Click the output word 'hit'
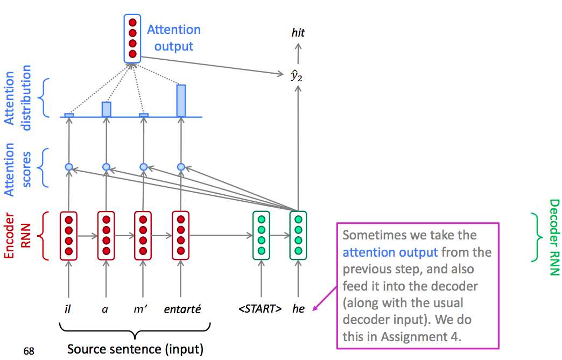pos(298,33)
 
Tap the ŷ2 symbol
pos(297,76)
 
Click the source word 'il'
pos(68,309)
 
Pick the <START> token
pos(260,309)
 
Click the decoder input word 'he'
pos(298,309)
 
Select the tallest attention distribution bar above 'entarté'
pos(181,101)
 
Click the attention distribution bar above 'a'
pos(107,109)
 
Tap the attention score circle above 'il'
pos(68,167)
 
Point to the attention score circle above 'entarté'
pos(181,167)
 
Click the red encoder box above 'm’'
pos(143,235)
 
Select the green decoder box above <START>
pos(261,235)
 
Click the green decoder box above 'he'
pos(298,235)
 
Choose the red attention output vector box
pos(132,38)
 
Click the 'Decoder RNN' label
pos(554,237)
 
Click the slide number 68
pos(29,351)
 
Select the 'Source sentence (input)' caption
pos(135,349)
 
